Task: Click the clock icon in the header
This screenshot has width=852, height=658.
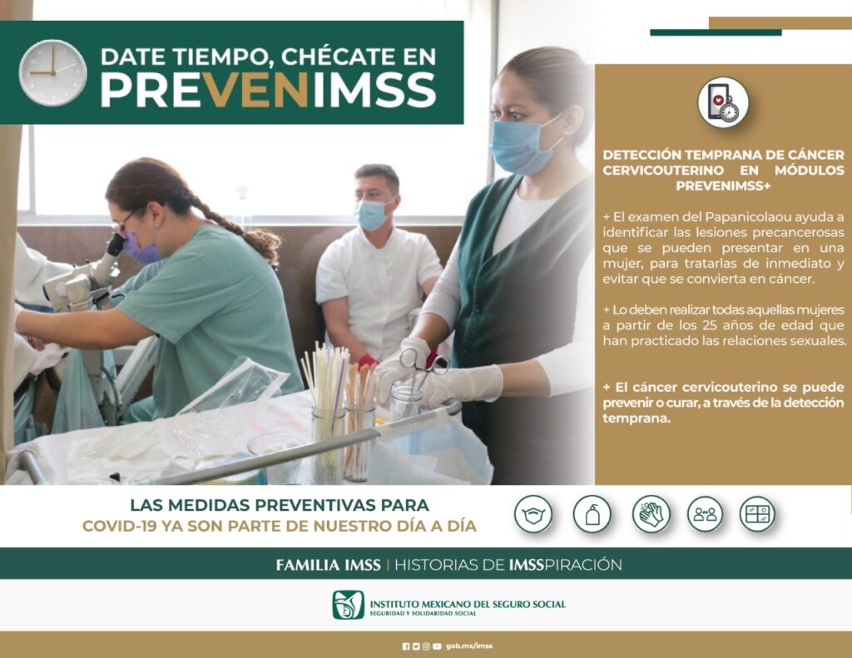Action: click(52, 72)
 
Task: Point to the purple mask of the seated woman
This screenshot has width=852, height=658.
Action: click(140, 247)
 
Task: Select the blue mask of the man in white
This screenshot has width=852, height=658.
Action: click(372, 215)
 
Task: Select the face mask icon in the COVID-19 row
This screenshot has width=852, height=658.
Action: click(532, 514)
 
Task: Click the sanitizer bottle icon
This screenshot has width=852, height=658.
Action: click(592, 514)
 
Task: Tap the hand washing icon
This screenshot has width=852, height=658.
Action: click(651, 514)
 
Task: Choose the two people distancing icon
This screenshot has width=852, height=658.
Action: click(704, 514)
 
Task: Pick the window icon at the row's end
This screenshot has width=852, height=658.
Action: click(757, 514)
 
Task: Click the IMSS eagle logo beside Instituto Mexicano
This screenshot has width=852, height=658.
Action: click(348, 605)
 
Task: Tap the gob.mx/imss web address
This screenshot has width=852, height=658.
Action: click(469, 646)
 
